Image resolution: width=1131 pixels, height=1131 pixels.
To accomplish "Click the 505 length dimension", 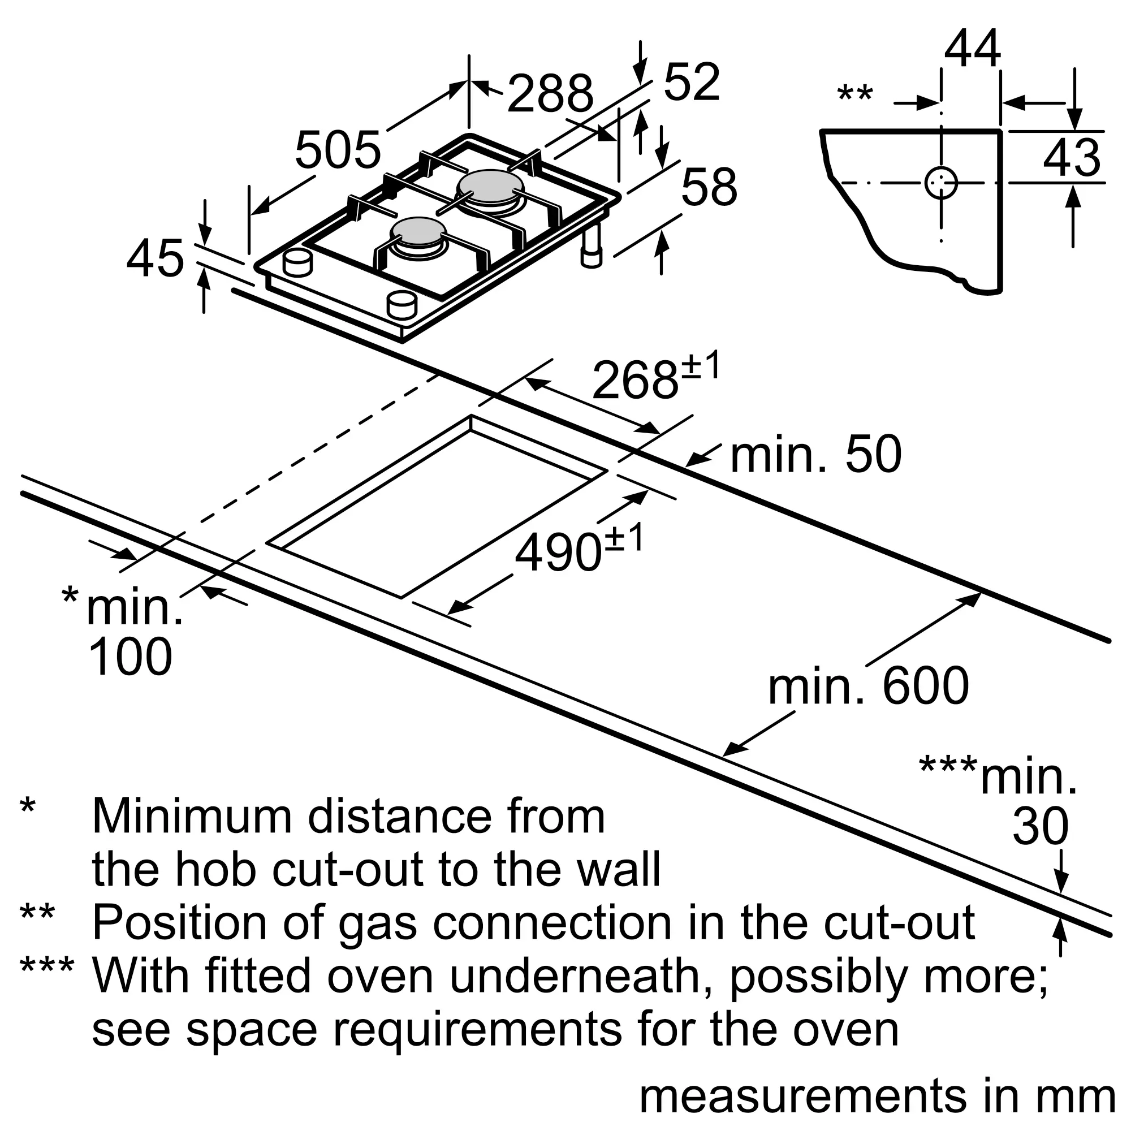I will pyautogui.click(x=338, y=150).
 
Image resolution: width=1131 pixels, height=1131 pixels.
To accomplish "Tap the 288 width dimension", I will pyautogui.click(x=550, y=94).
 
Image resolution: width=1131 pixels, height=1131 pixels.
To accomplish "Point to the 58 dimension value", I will pyautogui.click(x=709, y=187).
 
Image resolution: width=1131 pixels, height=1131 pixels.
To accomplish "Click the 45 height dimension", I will pyautogui.click(x=155, y=258).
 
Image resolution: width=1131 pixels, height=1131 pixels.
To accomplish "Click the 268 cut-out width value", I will pyautogui.click(x=635, y=380).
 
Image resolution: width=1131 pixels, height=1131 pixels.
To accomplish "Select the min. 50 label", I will pyautogui.click(x=815, y=455).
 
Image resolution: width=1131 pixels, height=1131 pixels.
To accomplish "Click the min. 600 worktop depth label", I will pyautogui.click(x=868, y=686).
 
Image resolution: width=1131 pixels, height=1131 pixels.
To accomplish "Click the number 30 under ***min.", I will pyautogui.click(x=1041, y=827).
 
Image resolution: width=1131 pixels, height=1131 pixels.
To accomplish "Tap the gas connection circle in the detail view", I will pyautogui.click(x=941, y=183).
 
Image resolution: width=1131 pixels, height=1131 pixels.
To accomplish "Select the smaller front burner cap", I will pyautogui.click(x=418, y=231).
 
